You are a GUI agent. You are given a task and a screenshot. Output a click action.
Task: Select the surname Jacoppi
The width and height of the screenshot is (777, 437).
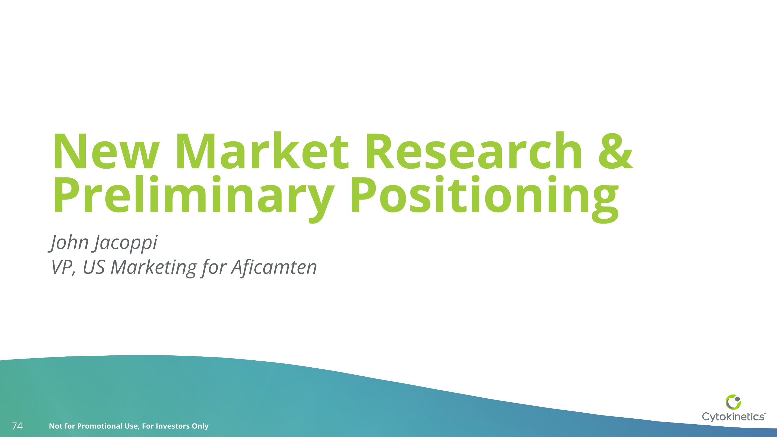(125, 243)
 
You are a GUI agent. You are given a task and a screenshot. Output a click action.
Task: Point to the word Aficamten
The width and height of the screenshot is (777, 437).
(274, 267)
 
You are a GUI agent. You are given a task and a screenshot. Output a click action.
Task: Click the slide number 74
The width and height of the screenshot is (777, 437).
(17, 426)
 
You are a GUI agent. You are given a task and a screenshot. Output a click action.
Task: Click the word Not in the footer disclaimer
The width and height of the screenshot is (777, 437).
(55, 426)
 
